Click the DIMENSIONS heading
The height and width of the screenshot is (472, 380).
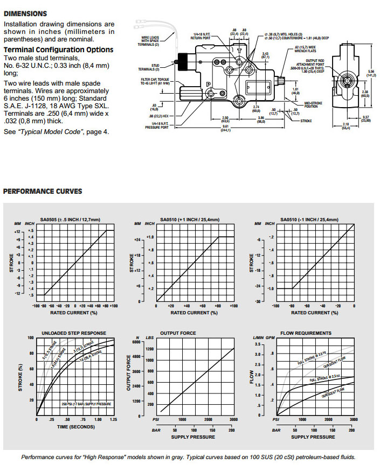25,13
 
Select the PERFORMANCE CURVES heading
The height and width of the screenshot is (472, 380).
43,191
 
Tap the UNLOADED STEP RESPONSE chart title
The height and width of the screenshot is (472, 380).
74,333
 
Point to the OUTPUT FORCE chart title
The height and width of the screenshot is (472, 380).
178,333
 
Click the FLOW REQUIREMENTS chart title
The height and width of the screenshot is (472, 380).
306,333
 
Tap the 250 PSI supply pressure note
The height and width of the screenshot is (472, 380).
86,404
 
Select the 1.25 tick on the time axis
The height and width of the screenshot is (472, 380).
113,420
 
